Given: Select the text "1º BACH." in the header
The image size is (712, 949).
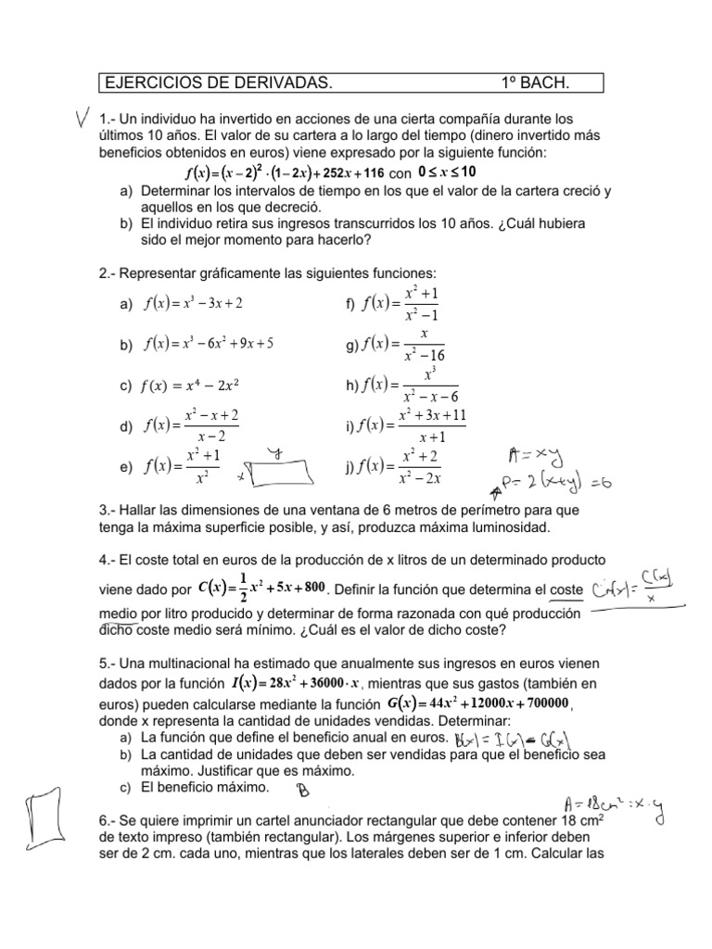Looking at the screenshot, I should [535, 84].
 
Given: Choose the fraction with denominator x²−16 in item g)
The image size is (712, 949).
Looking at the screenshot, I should [424, 345].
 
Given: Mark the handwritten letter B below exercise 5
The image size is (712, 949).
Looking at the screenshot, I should [302, 790].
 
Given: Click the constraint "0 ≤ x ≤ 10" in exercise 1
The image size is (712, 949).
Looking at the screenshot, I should [447, 172].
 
